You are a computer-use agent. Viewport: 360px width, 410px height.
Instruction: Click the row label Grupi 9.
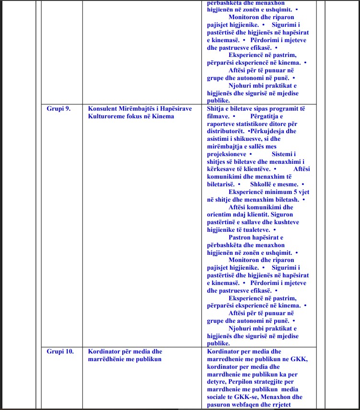tap(58, 109)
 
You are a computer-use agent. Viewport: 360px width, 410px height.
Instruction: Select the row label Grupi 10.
tap(60, 352)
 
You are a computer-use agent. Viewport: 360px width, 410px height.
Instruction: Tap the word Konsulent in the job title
tap(102, 109)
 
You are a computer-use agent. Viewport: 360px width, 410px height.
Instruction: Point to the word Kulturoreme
tap(106, 116)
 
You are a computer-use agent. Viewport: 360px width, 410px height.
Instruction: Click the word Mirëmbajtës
tap(137, 109)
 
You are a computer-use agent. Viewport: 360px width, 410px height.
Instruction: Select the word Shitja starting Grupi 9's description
tap(216, 109)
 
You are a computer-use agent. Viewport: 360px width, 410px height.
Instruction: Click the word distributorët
tap(226, 131)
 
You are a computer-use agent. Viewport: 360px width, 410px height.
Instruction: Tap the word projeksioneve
tap(226, 154)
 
